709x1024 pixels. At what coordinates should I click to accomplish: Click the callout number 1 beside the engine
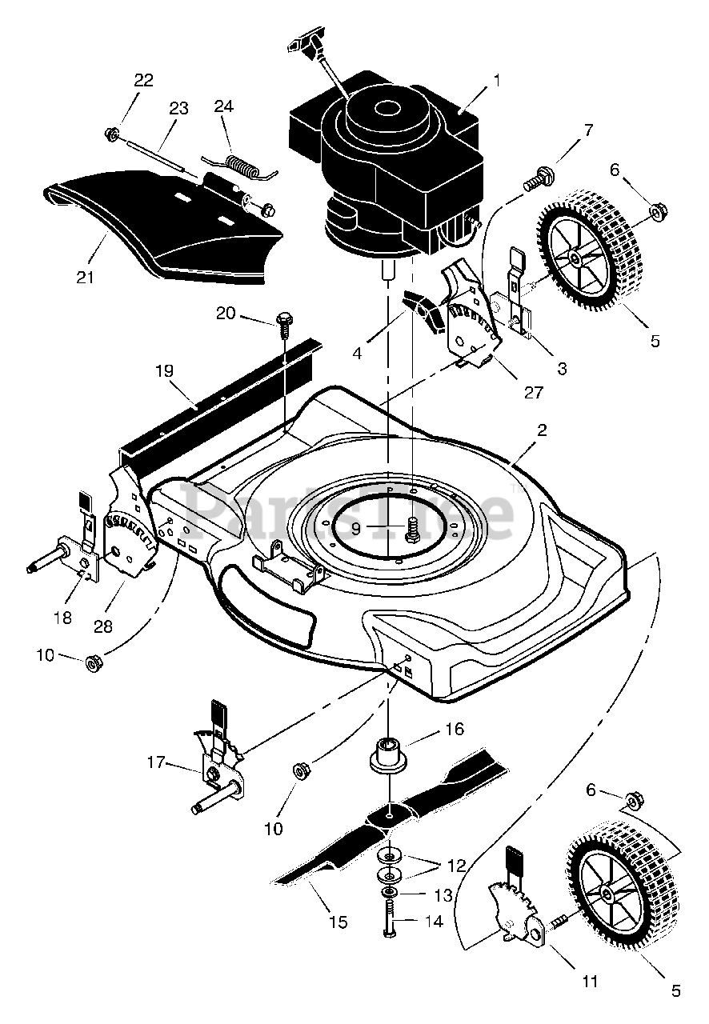(496, 80)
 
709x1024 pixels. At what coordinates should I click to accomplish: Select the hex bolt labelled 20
(282, 321)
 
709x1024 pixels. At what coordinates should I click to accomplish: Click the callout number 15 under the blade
(338, 922)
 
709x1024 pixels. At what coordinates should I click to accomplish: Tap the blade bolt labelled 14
(389, 922)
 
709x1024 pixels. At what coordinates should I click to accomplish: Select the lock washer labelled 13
(389, 891)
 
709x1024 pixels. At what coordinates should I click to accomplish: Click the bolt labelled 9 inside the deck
(413, 529)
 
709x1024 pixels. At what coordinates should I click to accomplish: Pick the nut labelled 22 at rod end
(113, 133)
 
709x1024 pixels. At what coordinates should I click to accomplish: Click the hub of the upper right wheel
(576, 258)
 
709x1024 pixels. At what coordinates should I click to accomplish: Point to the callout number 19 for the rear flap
(163, 370)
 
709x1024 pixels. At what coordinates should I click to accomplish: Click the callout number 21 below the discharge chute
(85, 278)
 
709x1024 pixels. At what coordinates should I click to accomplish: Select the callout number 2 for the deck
(542, 430)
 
